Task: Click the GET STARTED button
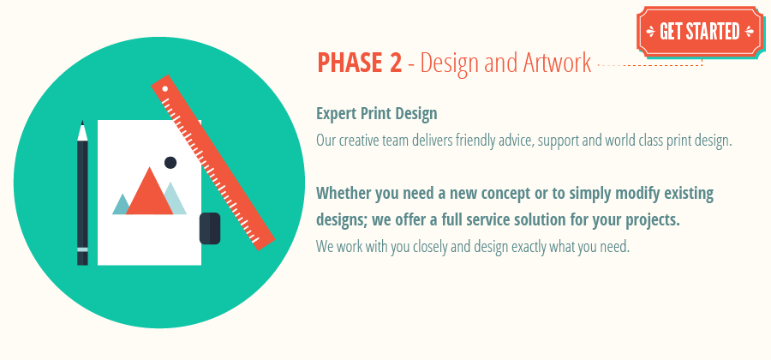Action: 699,32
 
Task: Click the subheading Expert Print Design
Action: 377,113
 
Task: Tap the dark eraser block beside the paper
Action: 210,228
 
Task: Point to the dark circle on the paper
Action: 170,162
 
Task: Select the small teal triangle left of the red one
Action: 122,205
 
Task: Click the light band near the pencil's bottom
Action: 82,249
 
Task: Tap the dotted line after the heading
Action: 648,64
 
